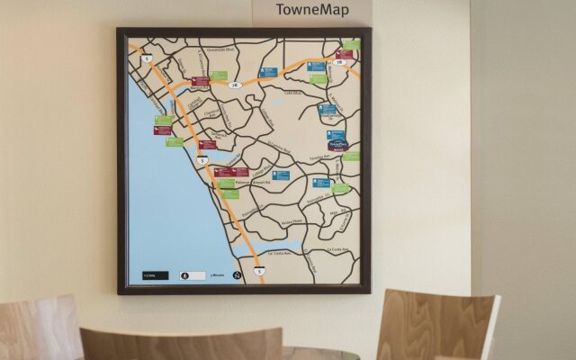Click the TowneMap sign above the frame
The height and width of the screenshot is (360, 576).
(x=311, y=11)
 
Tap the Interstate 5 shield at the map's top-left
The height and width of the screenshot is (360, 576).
(x=145, y=59)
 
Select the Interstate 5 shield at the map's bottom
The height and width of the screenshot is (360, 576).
(x=259, y=270)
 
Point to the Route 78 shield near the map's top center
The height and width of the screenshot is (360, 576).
(x=235, y=85)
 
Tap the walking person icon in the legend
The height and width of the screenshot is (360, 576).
(x=185, y=274)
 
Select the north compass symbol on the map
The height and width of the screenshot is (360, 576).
(x=237, y=274)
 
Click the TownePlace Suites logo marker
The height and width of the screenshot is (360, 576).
(x=337, y=143)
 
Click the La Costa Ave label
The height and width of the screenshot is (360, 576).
(x=335, y=250)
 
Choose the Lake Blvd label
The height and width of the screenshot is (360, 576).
(x=292, y=93)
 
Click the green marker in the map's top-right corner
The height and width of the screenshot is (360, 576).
(x=351, y=44)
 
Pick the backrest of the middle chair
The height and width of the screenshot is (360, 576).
(x=180, y=345)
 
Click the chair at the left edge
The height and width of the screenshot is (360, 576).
(x=36, y=328)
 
